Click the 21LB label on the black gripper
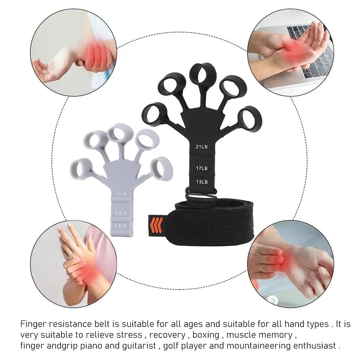pos(201,147)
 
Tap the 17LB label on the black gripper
pos(201,168)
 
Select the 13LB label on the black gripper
pos(201,182)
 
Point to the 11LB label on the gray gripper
pos(121,194)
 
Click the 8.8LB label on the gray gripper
pos(121,213)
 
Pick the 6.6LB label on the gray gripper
pos(121,225)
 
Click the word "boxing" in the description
pos(205,334)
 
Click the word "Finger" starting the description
pos(32,323)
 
